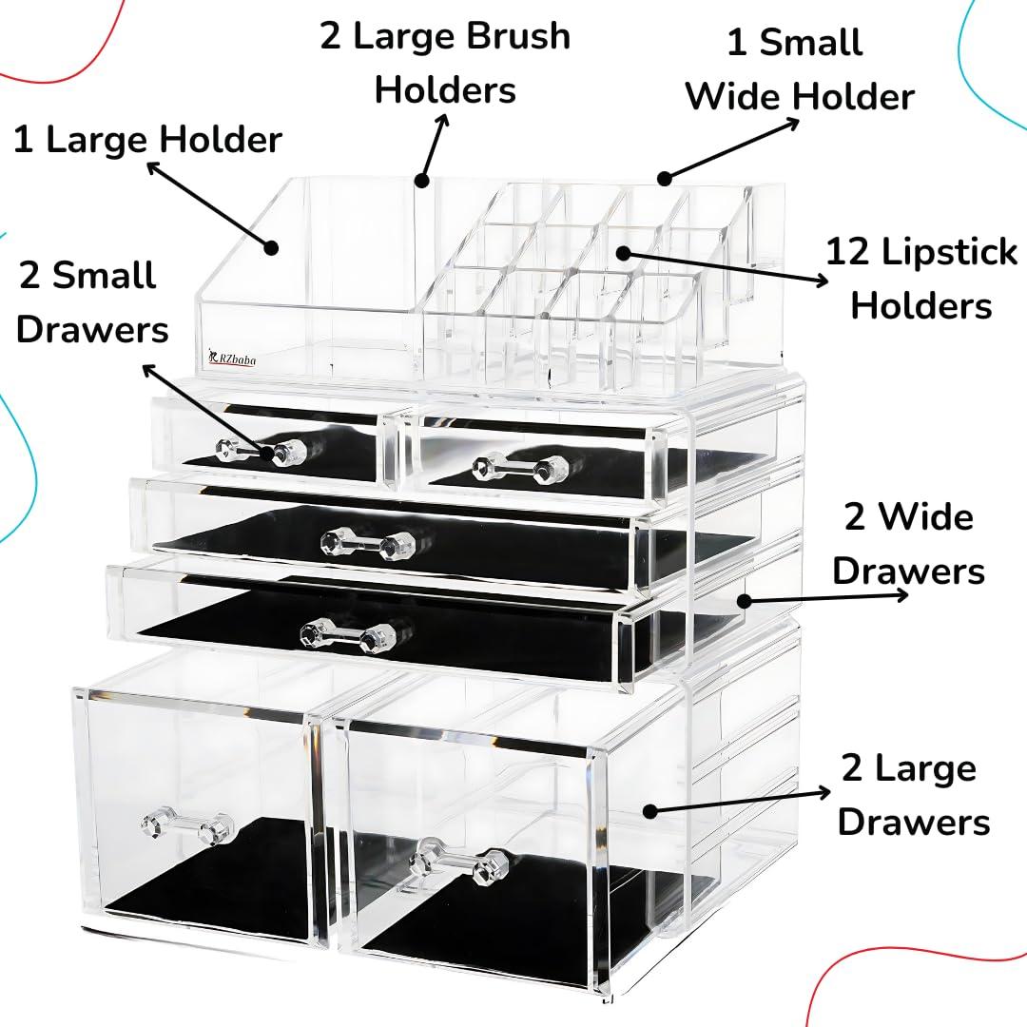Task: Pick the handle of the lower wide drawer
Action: point(348,633)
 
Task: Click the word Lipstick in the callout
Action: point(949,254)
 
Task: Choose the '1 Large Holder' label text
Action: point(147,140)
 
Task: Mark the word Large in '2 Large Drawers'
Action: point(922,768)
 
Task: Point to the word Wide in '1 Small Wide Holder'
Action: point(734,96)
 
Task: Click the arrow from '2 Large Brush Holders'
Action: point(434,147)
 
